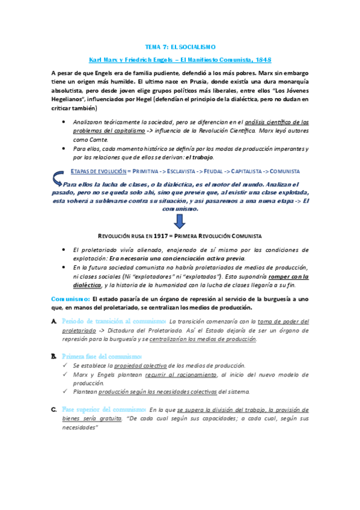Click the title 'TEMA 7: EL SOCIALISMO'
[x=180, y=46]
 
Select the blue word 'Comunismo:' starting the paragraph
[x=70, y=299]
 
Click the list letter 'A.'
[x=55, y=322]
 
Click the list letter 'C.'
[x=55, y=410]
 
